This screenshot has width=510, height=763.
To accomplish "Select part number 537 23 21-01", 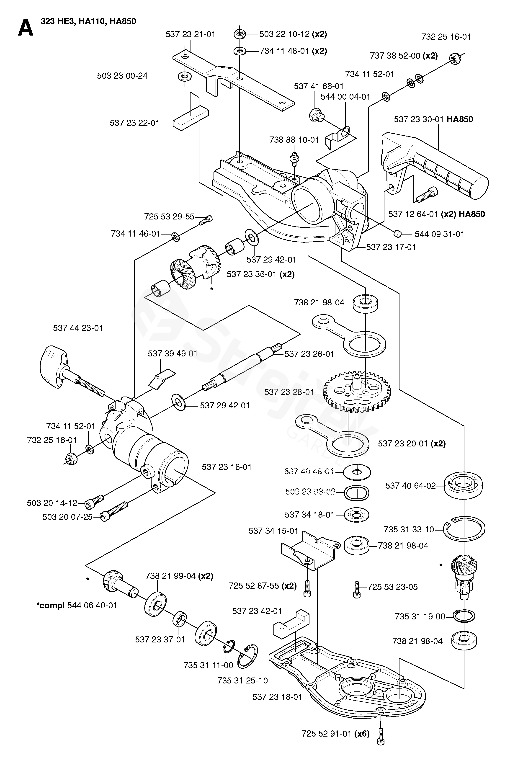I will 190,34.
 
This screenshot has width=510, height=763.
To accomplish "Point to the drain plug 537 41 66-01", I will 315,115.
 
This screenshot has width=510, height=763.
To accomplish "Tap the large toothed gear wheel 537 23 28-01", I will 357,393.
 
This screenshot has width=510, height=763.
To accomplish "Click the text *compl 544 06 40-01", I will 76,605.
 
